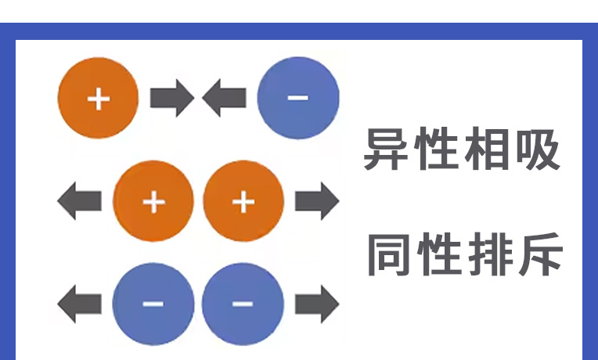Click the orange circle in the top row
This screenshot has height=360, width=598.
(99, 99)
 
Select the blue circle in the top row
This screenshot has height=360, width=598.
(298, 98)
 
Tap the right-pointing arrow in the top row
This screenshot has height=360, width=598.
(171, 99)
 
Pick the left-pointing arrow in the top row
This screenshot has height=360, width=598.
(225, 99)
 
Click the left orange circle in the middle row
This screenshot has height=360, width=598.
(153, 202)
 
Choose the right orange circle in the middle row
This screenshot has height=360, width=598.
(243, 202)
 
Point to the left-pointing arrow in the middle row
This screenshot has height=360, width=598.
(80, 202)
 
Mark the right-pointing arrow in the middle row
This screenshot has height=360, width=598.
(317, 202)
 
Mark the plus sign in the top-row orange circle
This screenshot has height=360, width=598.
(99, 99)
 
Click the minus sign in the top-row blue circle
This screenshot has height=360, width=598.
(298, 98)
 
